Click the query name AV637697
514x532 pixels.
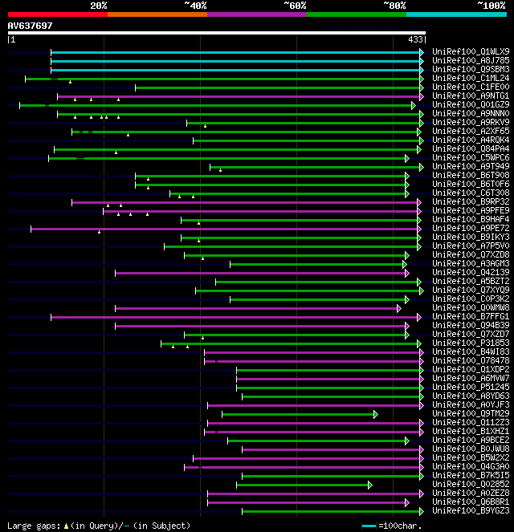point(31,26)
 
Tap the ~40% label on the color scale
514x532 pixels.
point(195,6)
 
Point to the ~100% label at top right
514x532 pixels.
point(491,6)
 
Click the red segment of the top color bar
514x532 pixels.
point(57,14)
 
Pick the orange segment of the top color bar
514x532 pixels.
point(157,14)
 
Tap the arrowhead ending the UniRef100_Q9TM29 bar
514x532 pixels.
point(375,413)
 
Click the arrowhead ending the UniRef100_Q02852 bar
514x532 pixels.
point(369,484)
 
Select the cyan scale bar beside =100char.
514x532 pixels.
point(369,526)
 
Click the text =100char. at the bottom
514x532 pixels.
point(399,526)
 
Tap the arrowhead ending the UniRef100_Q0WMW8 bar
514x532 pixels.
point(398,307)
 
